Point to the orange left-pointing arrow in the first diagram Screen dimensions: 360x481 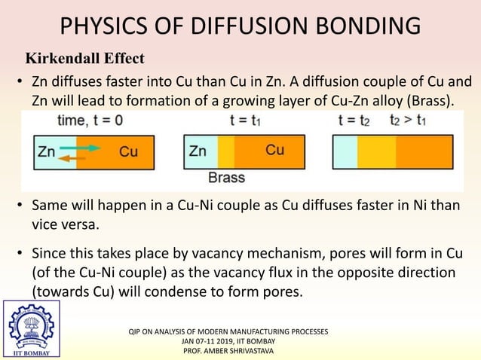72,158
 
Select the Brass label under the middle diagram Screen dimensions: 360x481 227,179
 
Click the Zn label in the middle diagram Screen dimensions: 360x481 198,151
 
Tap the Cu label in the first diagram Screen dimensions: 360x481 128,151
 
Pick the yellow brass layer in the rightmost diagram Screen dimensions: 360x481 375,151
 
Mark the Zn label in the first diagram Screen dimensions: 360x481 47,151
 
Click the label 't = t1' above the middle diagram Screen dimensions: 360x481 246,120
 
